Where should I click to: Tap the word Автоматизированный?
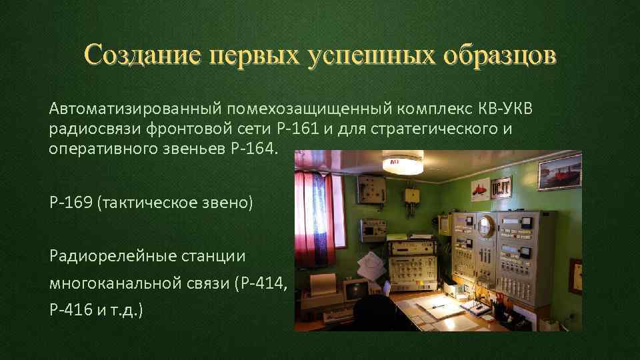coord(134,109)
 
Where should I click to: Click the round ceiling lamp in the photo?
coord(402,163)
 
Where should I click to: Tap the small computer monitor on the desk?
coord(356,290)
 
